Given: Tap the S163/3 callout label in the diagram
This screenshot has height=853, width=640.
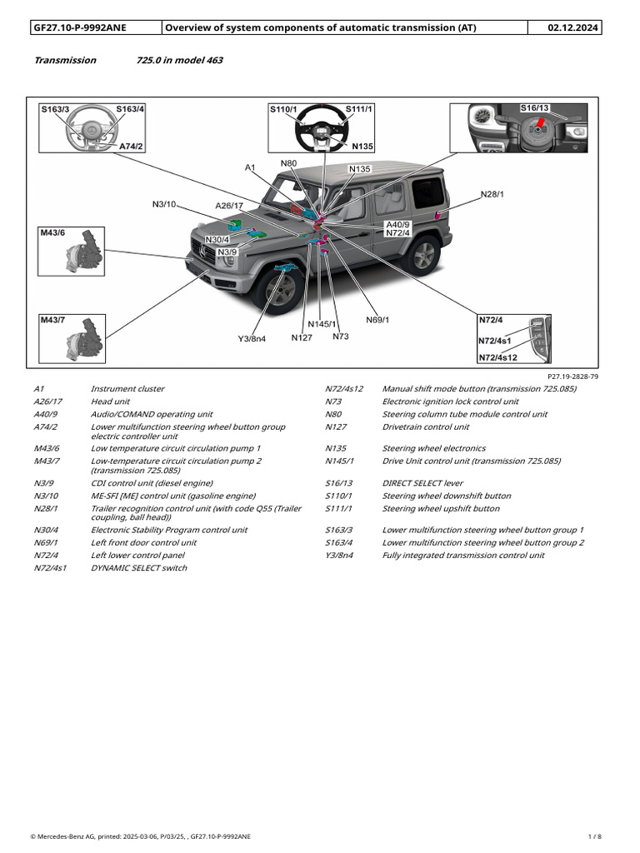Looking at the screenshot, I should tap(56, 109).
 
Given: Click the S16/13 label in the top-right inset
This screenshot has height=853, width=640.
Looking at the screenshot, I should tap(534, 108).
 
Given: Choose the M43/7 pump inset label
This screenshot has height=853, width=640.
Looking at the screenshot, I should tap(52, 320).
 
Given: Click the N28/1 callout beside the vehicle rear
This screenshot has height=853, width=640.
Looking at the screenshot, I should tap(492, 194).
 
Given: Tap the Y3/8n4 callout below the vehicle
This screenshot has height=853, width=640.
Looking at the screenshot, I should tap(252, 339).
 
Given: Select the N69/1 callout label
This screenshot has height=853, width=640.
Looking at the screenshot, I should tap(377, 320).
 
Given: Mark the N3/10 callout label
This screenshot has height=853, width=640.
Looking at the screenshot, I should tap(163, 204).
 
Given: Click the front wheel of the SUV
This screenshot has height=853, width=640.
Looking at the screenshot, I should tap(280, 288).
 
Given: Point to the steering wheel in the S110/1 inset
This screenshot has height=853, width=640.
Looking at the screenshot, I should tap(320, 128).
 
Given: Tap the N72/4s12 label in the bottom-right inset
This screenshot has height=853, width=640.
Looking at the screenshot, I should tap(497, 357).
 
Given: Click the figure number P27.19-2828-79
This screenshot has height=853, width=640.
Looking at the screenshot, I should tap(572, 377).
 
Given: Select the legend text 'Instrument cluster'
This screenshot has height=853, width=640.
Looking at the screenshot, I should tap(127, 389).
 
